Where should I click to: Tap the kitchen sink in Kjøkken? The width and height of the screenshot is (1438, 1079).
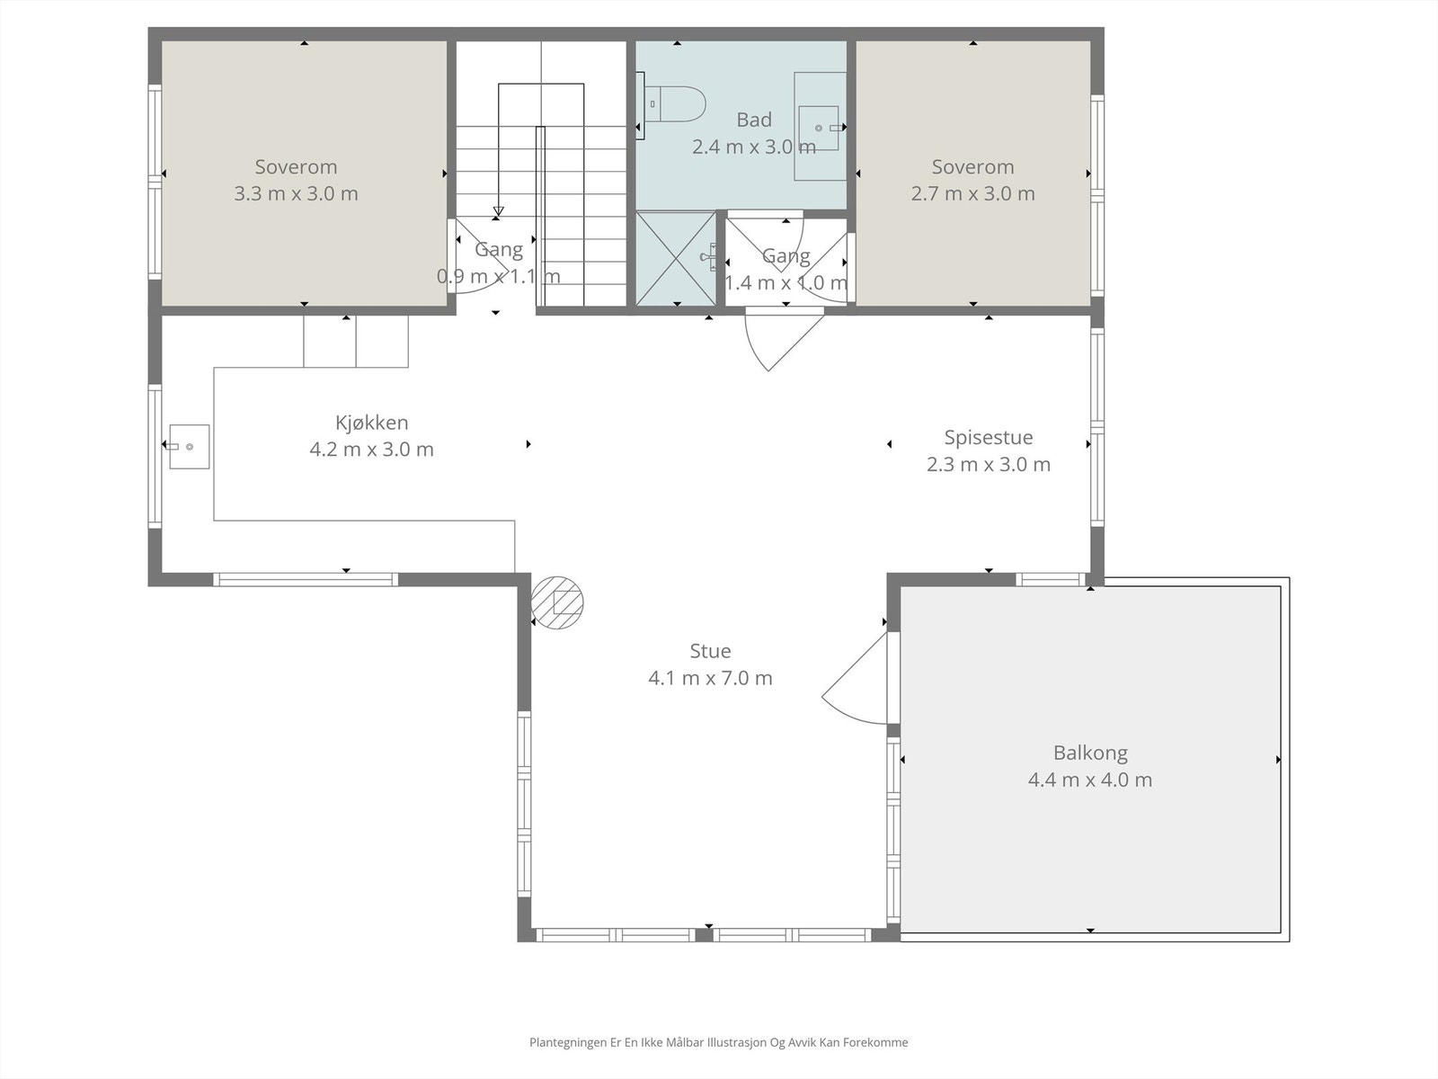(190, 447)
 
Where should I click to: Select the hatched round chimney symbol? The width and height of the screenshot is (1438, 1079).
(557, 602)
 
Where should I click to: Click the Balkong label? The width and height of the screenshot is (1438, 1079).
(1090, 753)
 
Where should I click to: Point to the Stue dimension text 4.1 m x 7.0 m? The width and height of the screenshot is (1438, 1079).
(710, 678)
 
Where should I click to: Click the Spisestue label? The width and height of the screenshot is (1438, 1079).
(988, 437)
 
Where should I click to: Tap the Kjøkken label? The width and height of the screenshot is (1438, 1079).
(371, 423)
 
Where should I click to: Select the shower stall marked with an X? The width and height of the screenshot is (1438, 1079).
(676, 258)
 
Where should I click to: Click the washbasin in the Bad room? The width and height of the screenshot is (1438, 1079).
(821, 127)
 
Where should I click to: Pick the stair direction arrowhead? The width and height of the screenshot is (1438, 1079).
(499, 211)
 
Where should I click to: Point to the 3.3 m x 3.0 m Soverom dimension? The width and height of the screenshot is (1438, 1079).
(296, 194)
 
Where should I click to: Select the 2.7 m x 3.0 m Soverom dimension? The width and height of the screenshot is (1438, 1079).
(972, 194)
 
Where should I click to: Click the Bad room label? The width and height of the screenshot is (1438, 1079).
(754, 120)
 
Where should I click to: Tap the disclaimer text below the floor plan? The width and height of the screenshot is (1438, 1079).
(719, 1041)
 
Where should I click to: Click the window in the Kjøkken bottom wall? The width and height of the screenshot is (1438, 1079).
(306, 579)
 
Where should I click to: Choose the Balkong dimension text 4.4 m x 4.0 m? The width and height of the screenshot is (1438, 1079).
(1090, 780)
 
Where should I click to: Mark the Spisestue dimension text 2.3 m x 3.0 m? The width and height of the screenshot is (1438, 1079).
(988, 465)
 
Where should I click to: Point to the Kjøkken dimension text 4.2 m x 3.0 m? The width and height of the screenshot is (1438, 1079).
(371, 450)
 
